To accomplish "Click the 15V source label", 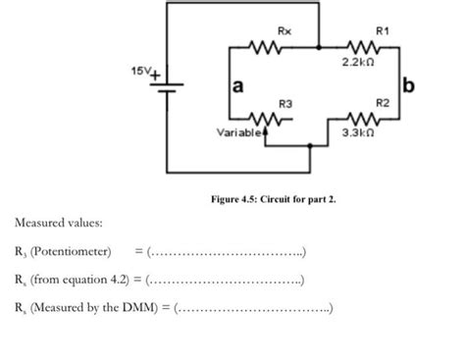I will point(141,72).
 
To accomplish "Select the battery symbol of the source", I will point(168,87).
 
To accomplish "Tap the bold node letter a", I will point(236,88).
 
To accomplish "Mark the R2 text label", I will point(381,102).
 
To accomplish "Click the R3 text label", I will point(284,103).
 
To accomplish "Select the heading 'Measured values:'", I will point(56,228).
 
